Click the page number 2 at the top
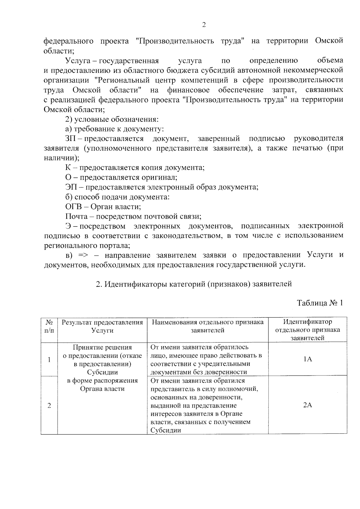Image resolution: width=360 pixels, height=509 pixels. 204,25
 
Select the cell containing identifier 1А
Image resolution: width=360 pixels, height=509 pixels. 307,359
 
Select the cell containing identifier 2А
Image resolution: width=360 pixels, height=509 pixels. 307,405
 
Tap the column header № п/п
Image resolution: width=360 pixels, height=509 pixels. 49,326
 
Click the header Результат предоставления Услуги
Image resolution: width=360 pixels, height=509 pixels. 102,326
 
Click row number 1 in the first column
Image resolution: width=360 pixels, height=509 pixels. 49,359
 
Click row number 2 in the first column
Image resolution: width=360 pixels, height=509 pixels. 49,406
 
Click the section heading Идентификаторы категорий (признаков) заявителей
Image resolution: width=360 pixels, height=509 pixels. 193,284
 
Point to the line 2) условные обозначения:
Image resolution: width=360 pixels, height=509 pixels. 112,119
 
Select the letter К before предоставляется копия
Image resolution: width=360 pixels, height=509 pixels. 68,168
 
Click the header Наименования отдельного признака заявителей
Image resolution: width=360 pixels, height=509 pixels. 208,326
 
